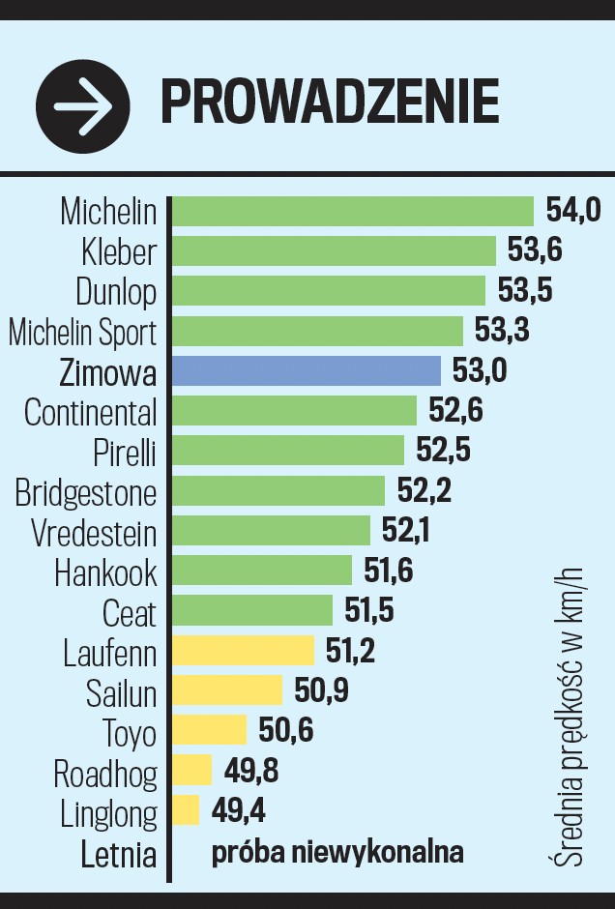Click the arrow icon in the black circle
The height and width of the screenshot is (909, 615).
coord(82,104)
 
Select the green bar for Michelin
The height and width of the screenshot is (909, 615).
coord(353,211)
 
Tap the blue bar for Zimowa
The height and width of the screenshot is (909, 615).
coord(306,371)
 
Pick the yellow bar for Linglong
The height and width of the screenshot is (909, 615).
coord(186,809)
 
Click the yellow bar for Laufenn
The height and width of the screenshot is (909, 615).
coord(243,651)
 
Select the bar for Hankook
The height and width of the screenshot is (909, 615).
coord(262,571)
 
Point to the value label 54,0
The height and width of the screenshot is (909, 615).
coord(573,211)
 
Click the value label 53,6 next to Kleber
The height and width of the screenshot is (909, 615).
coord(535,250)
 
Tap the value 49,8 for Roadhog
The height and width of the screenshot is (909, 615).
coord(250,771)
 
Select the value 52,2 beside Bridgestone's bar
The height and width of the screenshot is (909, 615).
coord(425,491)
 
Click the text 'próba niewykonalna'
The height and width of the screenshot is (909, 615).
coord(337,852)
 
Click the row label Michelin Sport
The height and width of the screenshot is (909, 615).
coord(82,333)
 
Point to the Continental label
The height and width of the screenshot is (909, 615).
coord(90,413)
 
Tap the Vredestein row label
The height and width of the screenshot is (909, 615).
coord(94,533)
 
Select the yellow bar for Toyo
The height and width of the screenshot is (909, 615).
coord(209,730)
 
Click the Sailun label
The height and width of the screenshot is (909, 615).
coord(121,693)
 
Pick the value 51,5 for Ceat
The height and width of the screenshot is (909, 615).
coord(370,611)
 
